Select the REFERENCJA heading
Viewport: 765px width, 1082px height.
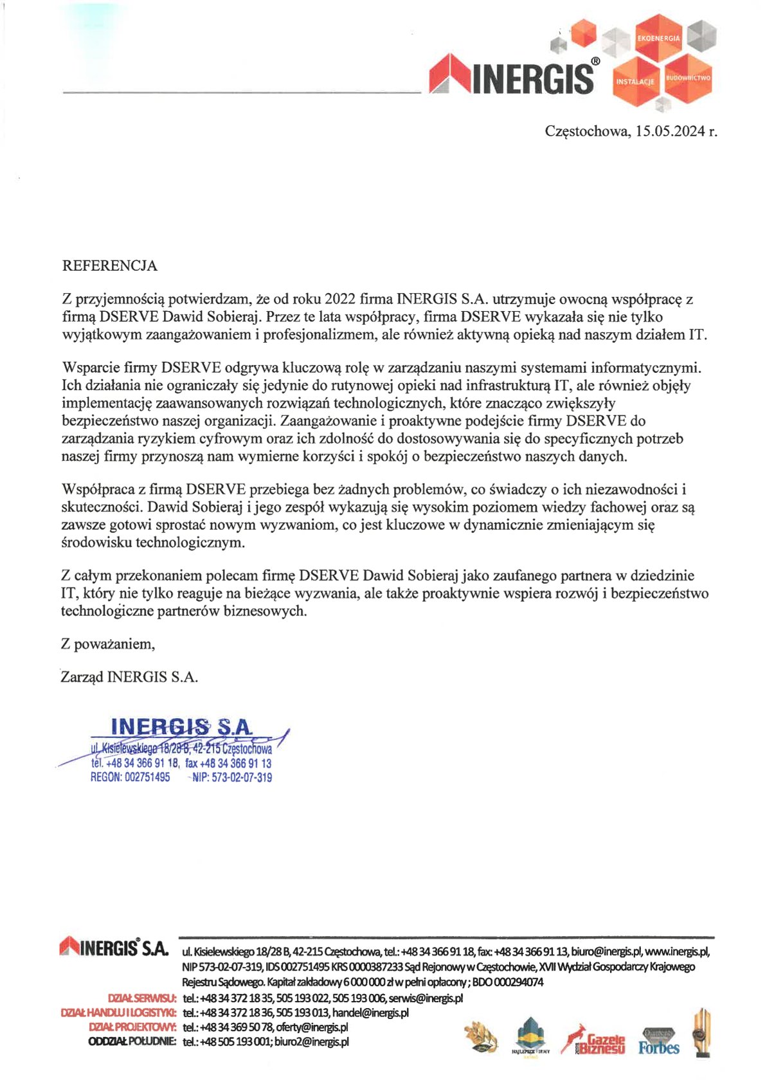pyautogui.click(x=109, y=266)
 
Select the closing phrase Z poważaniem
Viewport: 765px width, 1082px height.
pyautogui.click(x=108, y=644)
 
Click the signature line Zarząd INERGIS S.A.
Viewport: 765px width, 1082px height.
pyautogui.click(x=129, y=677)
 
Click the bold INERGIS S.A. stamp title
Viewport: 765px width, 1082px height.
pyautogui.click(x=182, y=727)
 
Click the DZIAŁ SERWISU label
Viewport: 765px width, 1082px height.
pyautogui.click(x=142, y=998)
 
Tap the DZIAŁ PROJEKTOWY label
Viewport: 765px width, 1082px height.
pyautogui.click(x=132, y=1027)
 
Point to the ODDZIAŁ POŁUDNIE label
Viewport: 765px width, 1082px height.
pyautogui.click(x=132, y=1041)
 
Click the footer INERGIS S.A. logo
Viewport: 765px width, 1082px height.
pyautogui.click(x=114, y=947)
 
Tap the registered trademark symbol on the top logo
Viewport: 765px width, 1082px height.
pyautogui.click(x=595, y=62)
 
